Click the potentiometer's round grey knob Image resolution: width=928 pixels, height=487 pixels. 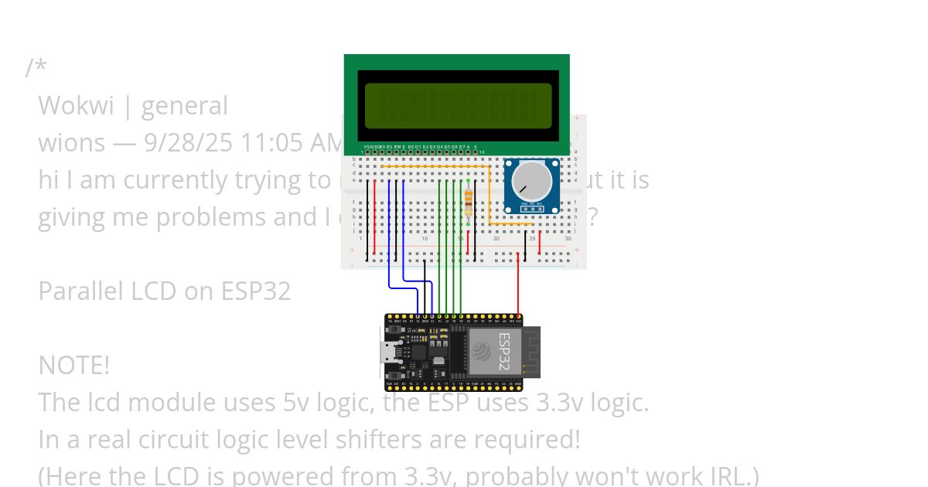click(532, 180)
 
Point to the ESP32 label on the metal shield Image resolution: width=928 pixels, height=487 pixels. click(503, 352)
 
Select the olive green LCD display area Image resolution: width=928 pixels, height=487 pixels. click(458, 105)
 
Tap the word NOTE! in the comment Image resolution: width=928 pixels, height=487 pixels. click(73, 365)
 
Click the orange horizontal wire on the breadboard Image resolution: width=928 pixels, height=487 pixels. click(433, 166)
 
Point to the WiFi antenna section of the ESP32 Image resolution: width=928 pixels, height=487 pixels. click(531, 352)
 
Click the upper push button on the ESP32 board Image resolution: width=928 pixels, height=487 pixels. click(395, 329)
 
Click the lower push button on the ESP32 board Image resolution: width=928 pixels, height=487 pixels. click(395, 376)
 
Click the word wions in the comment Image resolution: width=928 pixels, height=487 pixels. click(71, 143)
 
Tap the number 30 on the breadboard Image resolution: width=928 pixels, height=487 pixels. click(568, 239)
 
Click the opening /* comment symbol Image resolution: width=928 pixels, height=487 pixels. click(36, 68)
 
